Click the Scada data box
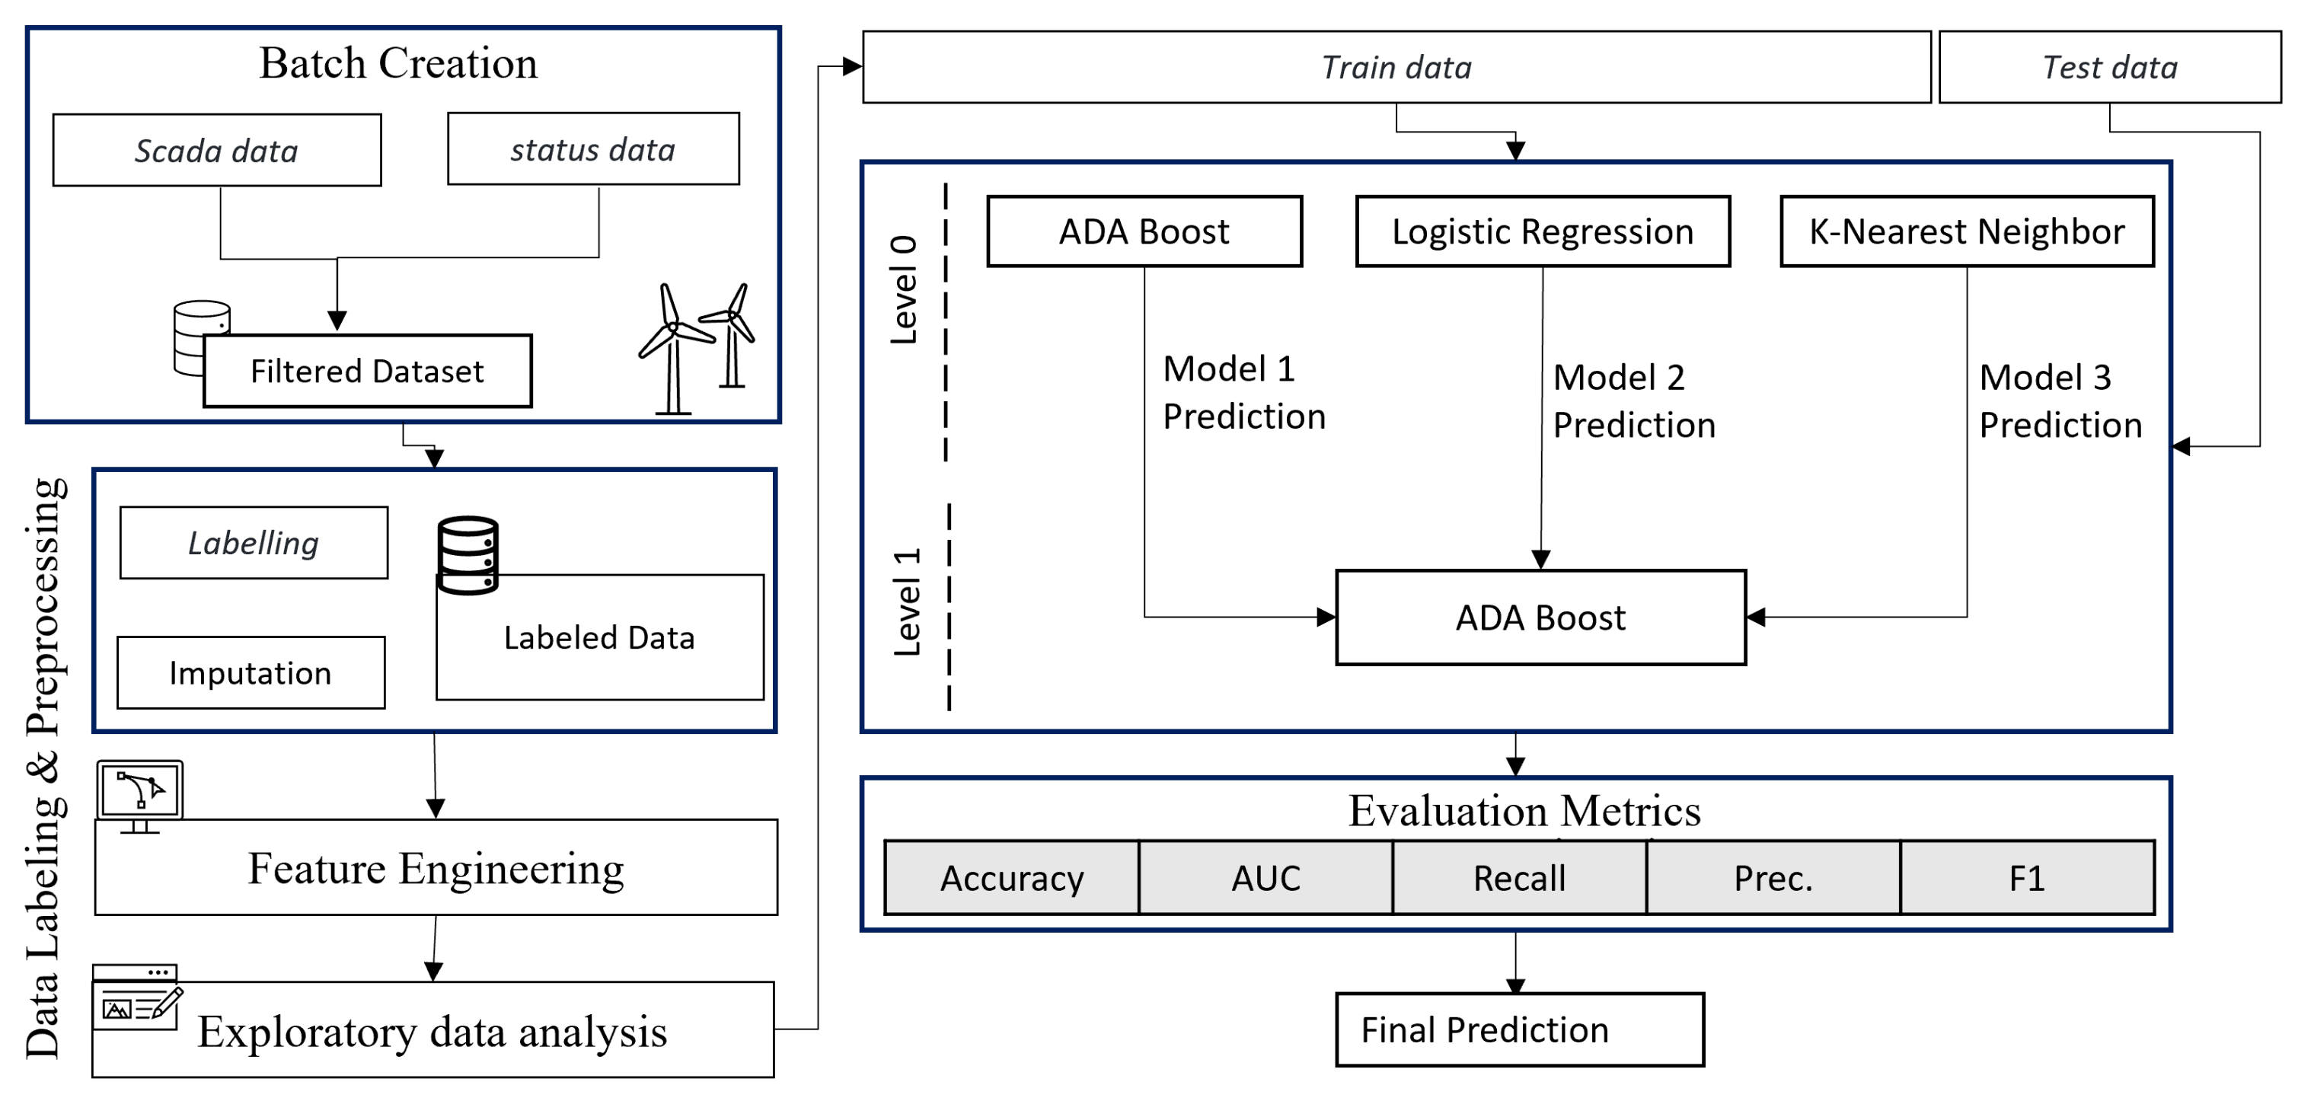(217, 150)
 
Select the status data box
(593, 149)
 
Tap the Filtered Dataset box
(368, 371)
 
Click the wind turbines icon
(697, 348)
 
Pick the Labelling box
(254, 542)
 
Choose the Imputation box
(251, 673)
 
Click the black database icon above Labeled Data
(468, 554)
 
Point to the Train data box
(1396, 67)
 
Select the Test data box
(2110, 67)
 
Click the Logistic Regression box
(1543, 231)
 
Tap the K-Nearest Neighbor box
(1967, 231)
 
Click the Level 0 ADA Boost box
(1144, 231)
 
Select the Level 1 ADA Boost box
(1540, 618)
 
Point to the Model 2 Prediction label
(1634, 401)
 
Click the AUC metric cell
(1265, 878)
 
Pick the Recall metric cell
(1519, 878)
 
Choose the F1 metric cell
(2027, 878)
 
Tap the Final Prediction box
(1519, 1029)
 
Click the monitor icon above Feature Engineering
(140, 795)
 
